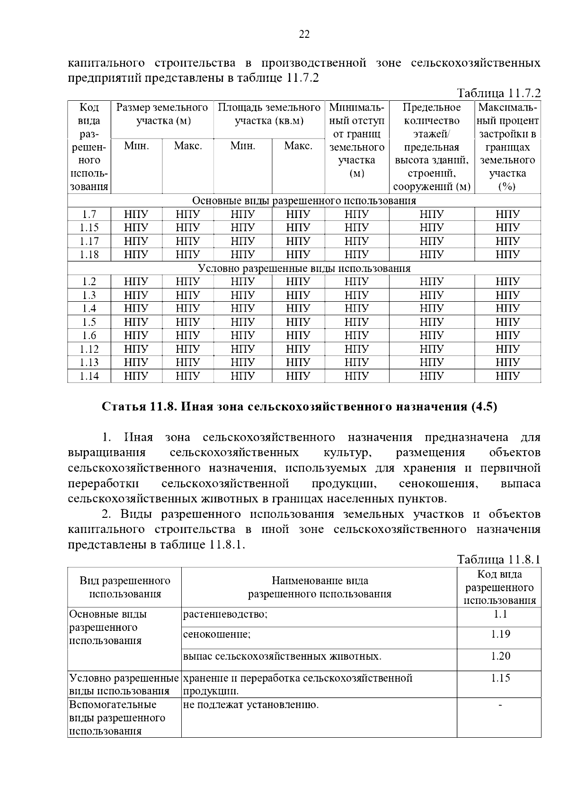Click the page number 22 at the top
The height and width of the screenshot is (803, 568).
click(304, 34)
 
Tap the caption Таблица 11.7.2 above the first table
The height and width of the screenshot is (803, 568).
click(498, 93)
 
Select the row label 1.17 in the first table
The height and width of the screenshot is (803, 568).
click(89, 241)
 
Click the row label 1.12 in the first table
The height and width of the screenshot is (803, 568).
click(89, 349)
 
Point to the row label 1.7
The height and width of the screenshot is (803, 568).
click(89, 214)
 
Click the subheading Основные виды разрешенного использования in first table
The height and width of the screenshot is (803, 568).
click(304, 201)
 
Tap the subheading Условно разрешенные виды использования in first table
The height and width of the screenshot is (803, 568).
click(304, 269)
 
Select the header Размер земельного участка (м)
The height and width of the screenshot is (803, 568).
click(162, 114)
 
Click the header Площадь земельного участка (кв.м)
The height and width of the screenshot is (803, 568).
click(269, 114)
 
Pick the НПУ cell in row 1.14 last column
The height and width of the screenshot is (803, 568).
click(507, 376)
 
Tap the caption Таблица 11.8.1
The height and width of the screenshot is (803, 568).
click(498, 560)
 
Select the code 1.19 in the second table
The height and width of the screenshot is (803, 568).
click(500, 634)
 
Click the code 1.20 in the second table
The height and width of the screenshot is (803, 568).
click(500, 656)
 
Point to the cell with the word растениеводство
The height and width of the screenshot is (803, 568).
click(225, 614)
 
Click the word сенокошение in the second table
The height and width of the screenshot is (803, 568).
click(217, 634)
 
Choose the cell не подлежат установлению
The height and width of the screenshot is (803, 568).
click(251, 705)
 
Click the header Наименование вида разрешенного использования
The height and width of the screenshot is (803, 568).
click(319, 587)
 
